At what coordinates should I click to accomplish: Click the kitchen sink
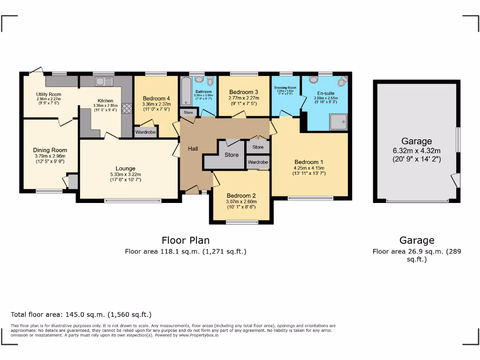[x=104, y=82]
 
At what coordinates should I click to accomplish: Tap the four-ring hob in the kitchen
[x=127, y=108]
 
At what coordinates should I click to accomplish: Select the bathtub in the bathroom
[x=185, y=91]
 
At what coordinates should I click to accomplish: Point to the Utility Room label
[x=49, y=94]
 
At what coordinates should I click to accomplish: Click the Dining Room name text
[x=49, y=150]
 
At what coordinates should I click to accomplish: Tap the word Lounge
[x=126, y=168]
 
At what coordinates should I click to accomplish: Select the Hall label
[x=193, y=149]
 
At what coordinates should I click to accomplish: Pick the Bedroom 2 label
[x=241, y=195]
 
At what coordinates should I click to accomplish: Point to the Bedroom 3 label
[x=244, y=92]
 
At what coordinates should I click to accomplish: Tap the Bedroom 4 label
[x=156, y=98]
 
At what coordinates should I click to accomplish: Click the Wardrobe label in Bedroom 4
[x=145, y=132]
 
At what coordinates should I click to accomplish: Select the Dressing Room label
[x=285, y=88]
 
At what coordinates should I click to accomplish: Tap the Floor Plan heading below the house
[x=186, y=240]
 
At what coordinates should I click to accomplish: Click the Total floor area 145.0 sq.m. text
[x=81, y=315]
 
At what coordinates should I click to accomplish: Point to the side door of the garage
[x=455, y=180]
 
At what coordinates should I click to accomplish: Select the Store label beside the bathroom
[x=188, y=113]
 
